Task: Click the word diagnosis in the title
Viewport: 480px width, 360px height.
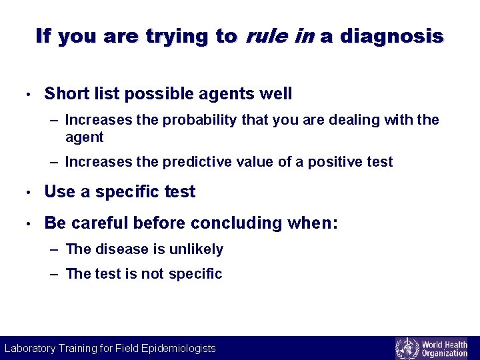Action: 391,37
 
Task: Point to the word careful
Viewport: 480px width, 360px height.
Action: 97,223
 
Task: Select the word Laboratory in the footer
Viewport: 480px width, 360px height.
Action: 31,348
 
